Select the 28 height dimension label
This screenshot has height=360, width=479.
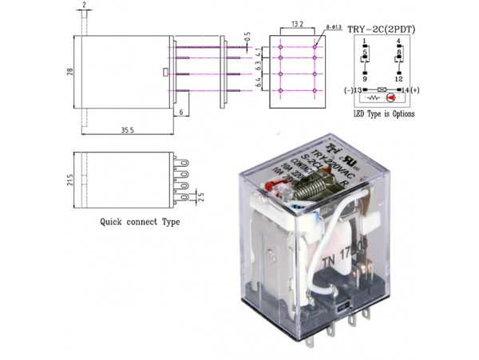(69, 73)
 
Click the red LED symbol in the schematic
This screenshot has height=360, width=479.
(391, 97)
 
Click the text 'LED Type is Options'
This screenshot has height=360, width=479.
(384, 113)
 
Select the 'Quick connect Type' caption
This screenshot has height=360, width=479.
(139, 222)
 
